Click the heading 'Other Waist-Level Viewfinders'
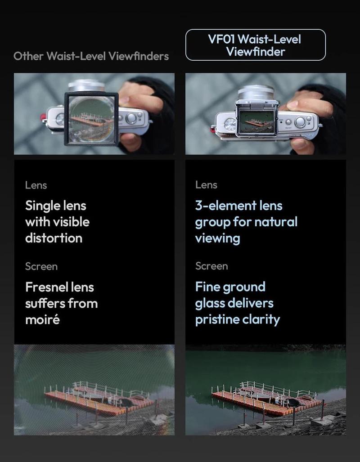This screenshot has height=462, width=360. [x=91, y=56]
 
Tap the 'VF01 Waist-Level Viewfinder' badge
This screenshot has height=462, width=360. [x=255, y=45]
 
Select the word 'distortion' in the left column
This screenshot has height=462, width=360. [x=54, y=238]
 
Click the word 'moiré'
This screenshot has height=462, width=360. [x=42, y=319]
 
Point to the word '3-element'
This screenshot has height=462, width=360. [x=219, y=206]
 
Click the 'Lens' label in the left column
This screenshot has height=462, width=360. [x=36, y=185]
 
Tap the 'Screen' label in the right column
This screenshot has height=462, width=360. [x=211, y=266]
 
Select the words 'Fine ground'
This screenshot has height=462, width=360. [x=230, y=287]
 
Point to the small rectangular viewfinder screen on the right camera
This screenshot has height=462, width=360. [x=255, y=122]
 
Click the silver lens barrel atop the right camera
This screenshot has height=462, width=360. [x=255, y=93]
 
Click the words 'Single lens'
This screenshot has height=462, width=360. [x=55, y=206]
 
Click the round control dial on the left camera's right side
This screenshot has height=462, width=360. [x=131, y=118]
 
